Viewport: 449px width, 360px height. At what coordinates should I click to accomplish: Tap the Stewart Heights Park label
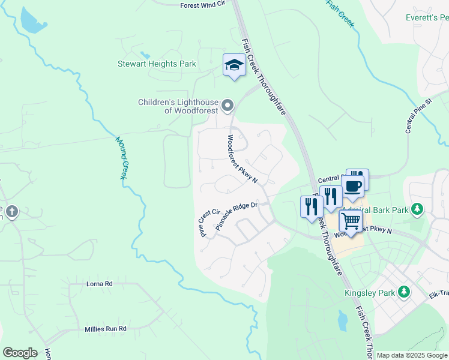(157, 64)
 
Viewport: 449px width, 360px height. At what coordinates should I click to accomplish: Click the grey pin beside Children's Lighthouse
(228, 106)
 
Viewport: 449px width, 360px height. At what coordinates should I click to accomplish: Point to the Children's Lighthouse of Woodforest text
(178, 106)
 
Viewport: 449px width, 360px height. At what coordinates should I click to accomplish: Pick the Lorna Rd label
(100, 283)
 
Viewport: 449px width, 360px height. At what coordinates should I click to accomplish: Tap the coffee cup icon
(353, 185)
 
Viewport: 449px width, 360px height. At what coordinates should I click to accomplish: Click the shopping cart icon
(351, 221)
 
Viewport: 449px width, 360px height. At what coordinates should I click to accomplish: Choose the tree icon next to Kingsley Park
(405, 292)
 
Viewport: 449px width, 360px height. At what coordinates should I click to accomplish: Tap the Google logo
(20, 352)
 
